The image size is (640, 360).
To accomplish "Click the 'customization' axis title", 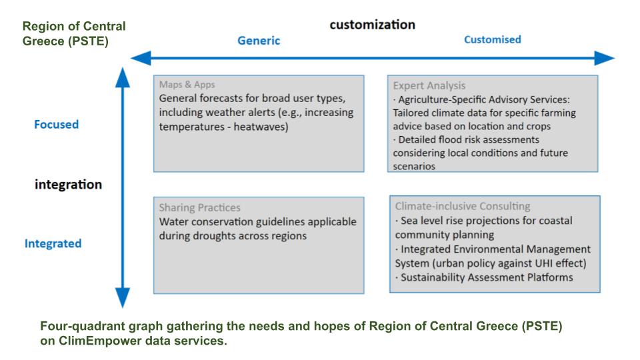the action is tap(372, 25).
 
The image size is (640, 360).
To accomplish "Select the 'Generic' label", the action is tap(259, 41).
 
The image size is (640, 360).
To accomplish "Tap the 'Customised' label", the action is tap(493, 39).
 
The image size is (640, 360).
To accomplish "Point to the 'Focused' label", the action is tap(56, 125).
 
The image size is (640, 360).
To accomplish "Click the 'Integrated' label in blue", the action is tap(53, 244).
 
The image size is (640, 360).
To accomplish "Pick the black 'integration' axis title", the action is tap(68, 185).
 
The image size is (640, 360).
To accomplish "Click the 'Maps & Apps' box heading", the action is tap(187, 85).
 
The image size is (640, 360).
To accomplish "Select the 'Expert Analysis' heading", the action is tap(429, 86).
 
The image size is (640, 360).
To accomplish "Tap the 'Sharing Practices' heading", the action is tap(199, 208).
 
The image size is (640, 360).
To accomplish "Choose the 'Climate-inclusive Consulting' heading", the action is tap(463, 206).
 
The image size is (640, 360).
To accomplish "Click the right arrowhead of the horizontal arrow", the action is tap(604, 59).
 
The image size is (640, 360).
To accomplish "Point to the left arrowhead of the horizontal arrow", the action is tap(141, 58).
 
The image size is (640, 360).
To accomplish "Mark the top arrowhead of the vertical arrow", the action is tap(123, 77).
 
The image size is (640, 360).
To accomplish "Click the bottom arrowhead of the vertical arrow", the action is tap(123, 297).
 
